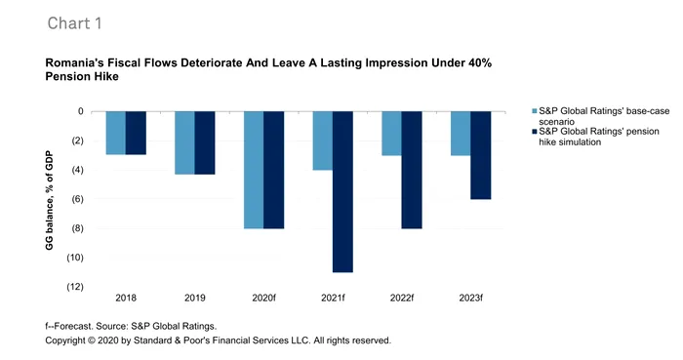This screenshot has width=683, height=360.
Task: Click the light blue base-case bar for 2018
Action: [x=116, y=133]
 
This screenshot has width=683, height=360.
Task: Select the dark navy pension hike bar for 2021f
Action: [x=342, y=191]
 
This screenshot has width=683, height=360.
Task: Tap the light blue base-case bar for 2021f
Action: [x=322, y=140]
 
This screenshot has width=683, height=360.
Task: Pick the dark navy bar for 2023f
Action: [x=481, y=155]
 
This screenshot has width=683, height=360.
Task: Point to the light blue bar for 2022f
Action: [x=391, y=133]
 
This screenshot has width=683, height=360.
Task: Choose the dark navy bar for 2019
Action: [x=205, y=142]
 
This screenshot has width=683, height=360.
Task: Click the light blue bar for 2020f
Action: [x=254, y=170]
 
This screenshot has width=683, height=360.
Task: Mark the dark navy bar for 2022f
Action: [x=412, y=170]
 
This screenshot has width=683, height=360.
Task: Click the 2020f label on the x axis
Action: [x=263, y=298]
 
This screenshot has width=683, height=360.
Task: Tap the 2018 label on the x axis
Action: [x=126, y=298]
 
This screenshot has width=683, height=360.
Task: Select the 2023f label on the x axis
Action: [x=470, y=298]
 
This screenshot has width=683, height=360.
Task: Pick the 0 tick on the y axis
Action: [x=81, y=111]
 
